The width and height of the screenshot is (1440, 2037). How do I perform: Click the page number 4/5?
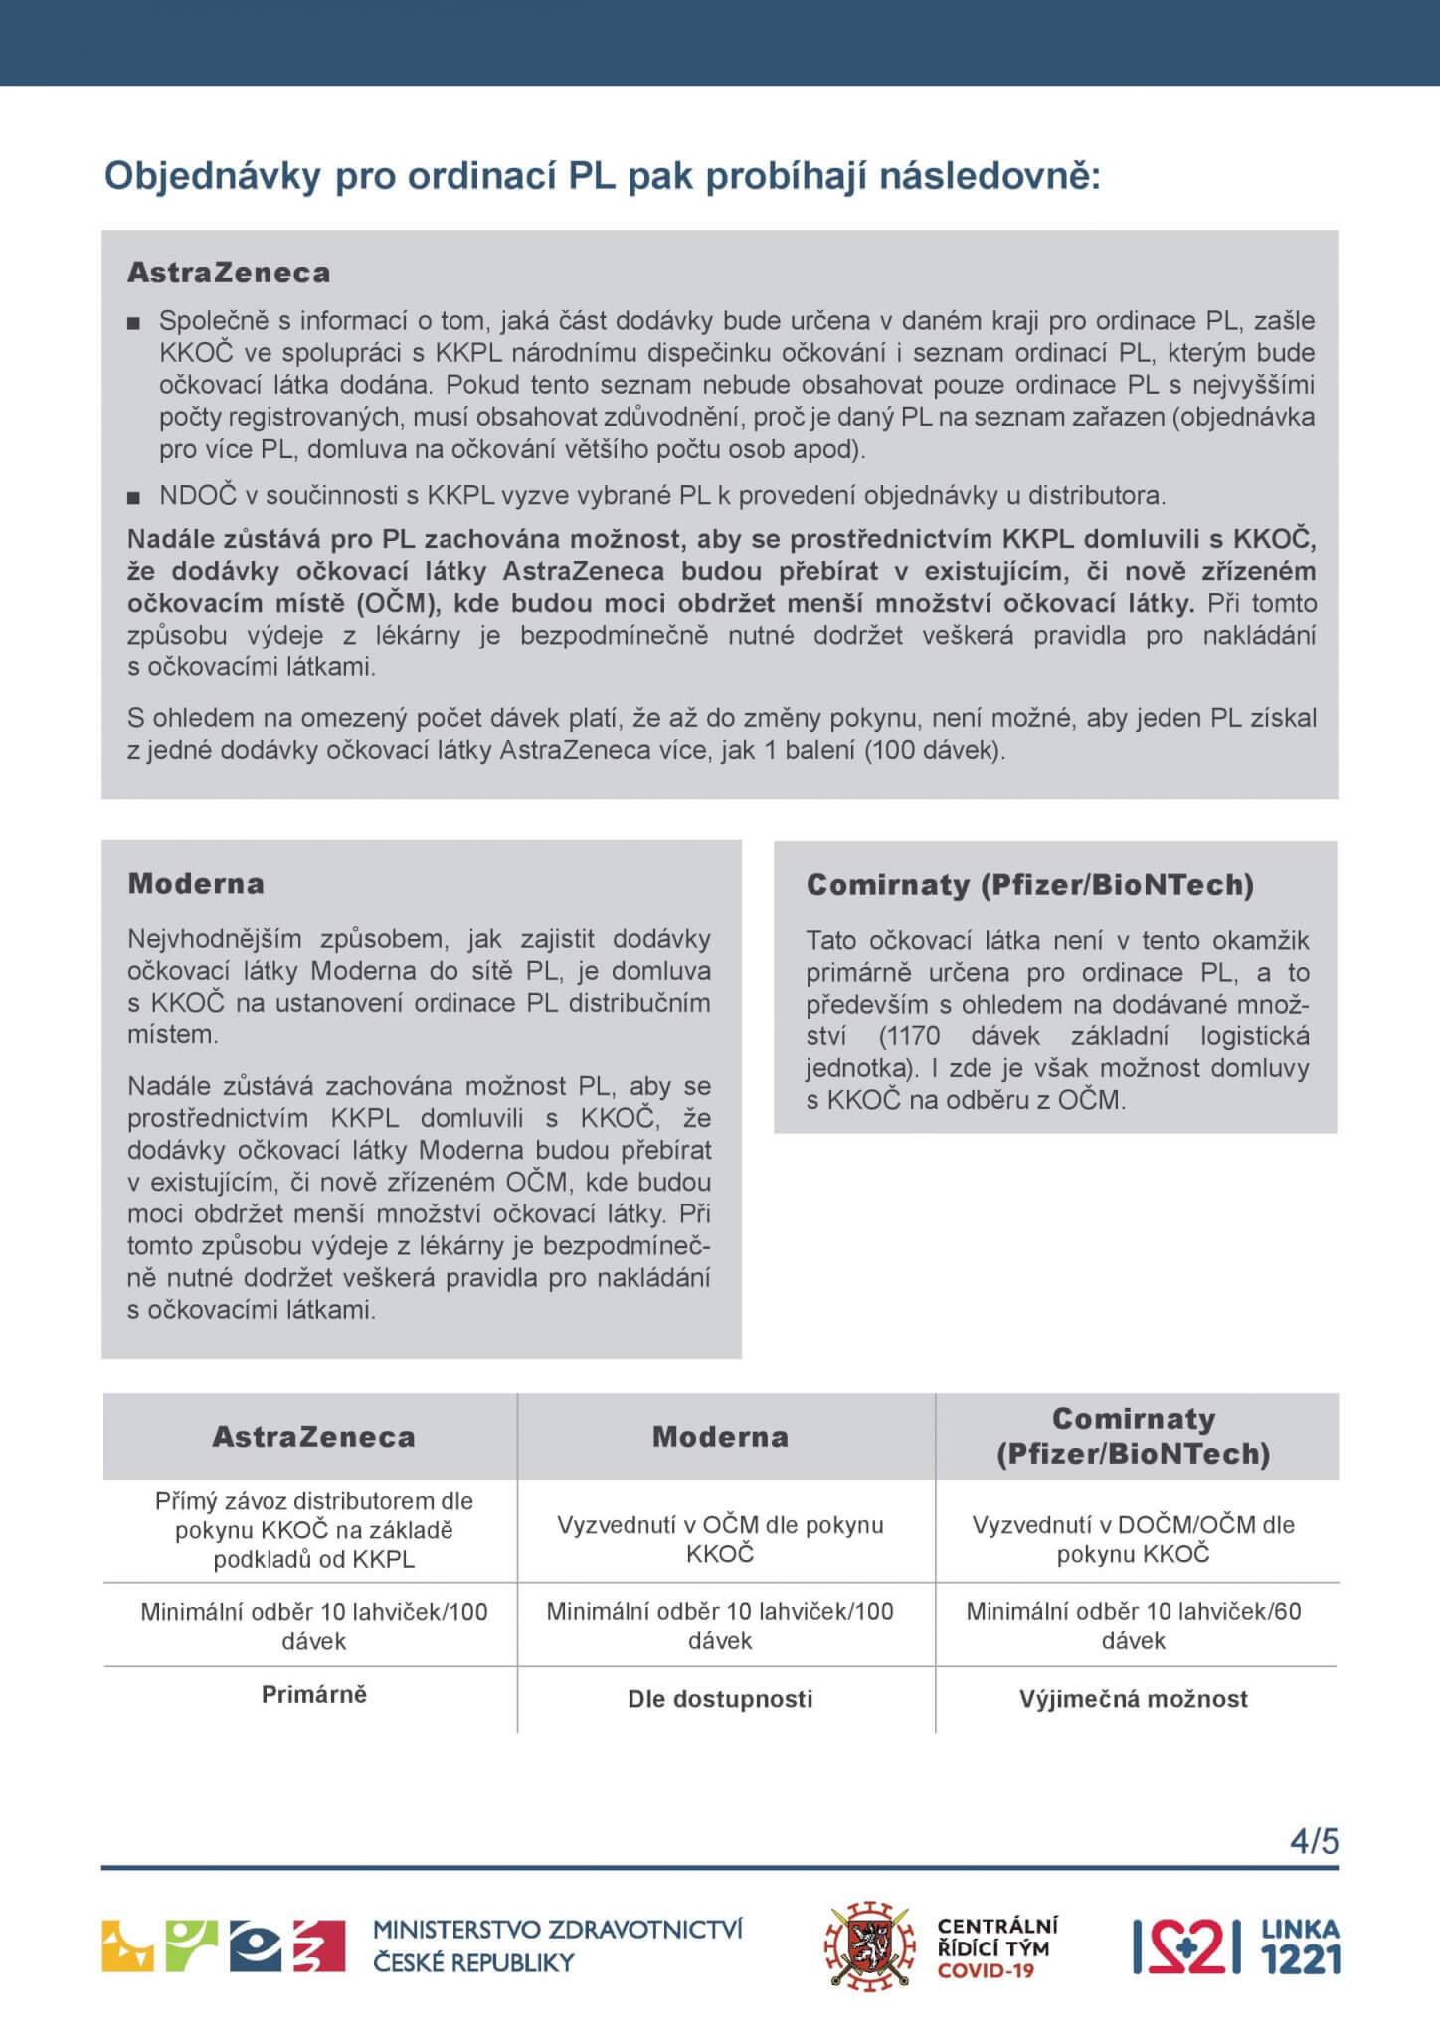point(1314,1841)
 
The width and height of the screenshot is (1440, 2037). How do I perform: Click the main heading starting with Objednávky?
point(603,176)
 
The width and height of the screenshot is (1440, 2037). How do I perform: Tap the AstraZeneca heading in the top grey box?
point(229,273)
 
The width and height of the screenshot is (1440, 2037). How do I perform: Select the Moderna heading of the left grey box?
point(196,883)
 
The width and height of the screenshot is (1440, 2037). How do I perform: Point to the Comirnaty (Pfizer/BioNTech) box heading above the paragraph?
point(1029,884)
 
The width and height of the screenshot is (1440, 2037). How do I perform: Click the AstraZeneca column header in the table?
point(313,1436)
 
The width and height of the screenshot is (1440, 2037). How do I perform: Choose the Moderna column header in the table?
point(720,1436)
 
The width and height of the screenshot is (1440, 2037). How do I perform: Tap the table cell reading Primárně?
point(313,1694)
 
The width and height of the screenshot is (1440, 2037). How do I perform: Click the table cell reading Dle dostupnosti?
point(720,1699)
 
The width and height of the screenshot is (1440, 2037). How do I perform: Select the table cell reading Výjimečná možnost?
point(1133,1699)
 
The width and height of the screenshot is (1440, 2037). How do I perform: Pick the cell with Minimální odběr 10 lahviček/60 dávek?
point(1133,1626)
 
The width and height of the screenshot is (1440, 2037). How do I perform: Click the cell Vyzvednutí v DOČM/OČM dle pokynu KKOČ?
point(1133,1539)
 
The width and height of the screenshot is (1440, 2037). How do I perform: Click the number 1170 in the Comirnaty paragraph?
point(911,1036)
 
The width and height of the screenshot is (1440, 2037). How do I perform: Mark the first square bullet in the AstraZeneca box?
point(134,323)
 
